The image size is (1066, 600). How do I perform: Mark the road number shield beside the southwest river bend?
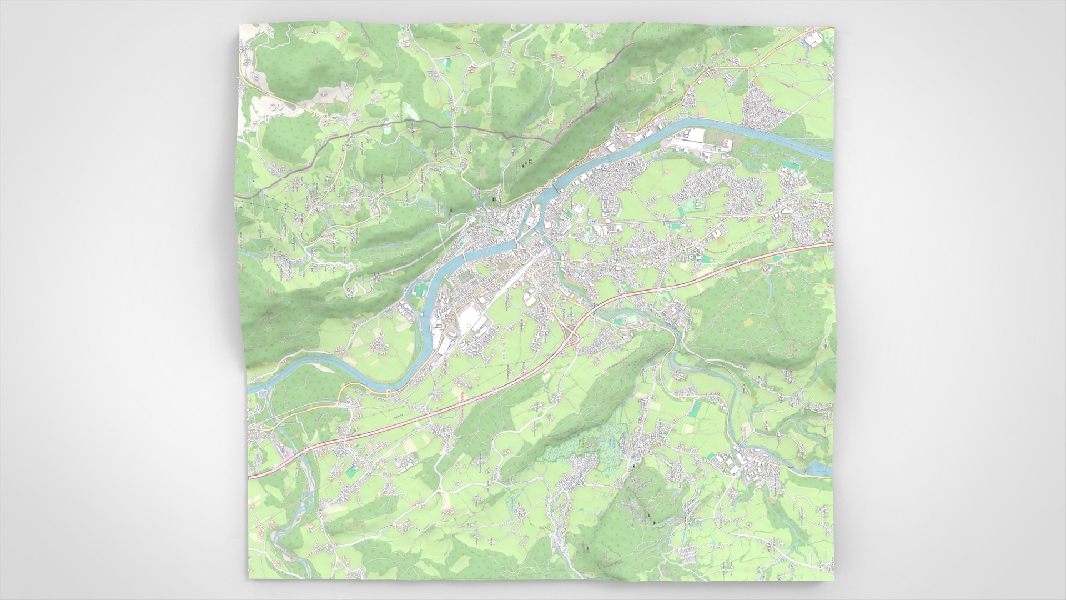coord(388,394)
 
